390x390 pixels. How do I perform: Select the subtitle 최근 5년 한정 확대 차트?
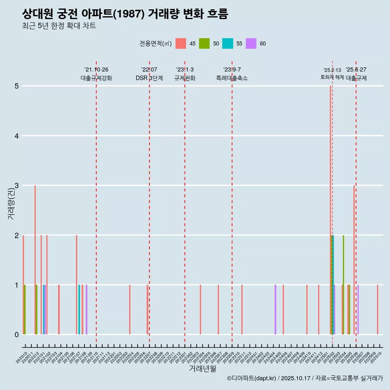pyautogui.click(x=59, y=26)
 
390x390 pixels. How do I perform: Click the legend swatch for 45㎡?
pyautogui.click(x=181, y=43)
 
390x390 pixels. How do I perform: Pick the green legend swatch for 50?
pyautogui.click(x=204, y=43)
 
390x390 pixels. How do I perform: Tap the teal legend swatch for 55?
pyautogui.click(x=227, y=43)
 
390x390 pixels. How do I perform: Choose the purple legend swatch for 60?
pyautogui.click(x=251, y=43)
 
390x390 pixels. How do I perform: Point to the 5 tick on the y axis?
pyautogui.click(x=17, y=86)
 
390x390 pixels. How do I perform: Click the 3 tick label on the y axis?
pyautogui.click(x=17, y=186)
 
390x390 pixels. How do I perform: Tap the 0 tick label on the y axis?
pyautogui.click(x=17, y=335)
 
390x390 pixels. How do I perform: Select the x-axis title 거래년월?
pyautogui.click(x=202, y=369)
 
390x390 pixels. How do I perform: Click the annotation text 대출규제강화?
pyautogui.click(x=96, y=78)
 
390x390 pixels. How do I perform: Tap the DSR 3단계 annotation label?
pyautogui.click(x=149, y=78)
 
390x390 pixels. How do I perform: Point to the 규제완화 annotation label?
pyautogui.click(x=185, y=78)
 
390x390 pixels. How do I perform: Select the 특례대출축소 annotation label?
pyautogui.click(x=232, y=78)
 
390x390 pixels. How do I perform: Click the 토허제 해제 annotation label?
pyautogui.click(x=332, y=77)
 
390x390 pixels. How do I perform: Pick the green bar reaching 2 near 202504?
pyautogui.click(x=343, y=284)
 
